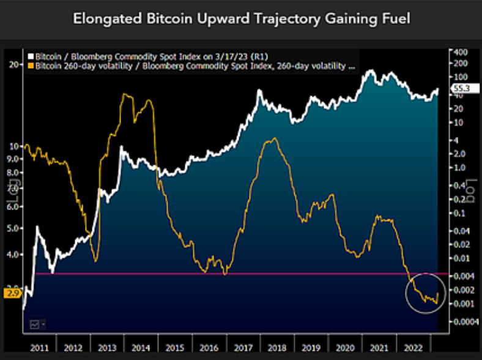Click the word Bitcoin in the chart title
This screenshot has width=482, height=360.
point(154,18)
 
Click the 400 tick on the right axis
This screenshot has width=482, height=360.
point(460,53)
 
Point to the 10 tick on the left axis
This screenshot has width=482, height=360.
point(13,146)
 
